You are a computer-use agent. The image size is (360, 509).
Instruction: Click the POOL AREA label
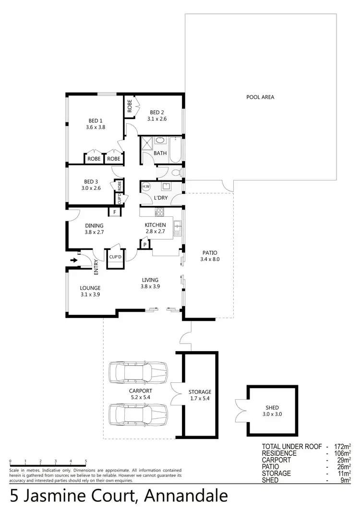tap(260, 97)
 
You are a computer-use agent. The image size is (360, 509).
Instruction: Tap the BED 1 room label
tap(95, 120)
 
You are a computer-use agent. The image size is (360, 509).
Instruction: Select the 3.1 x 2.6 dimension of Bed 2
tap(157, 118)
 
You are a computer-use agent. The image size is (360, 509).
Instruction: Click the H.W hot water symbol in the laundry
tap(146, 187)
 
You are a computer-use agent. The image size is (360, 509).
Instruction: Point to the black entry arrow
tap(73, 260)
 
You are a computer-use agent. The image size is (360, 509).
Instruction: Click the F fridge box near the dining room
tap(115, 212)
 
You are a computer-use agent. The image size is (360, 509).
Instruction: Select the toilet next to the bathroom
tap(175, 172)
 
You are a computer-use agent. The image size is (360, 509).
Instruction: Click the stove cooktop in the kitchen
tap(160, 212)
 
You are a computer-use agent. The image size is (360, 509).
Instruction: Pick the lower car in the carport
tap(138, 414)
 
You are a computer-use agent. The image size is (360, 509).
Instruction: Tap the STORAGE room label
tap(200, 392)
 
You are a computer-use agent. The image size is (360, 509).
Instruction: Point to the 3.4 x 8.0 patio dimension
tap(209, 259)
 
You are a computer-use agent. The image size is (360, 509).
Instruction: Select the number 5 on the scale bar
tap(85, 461)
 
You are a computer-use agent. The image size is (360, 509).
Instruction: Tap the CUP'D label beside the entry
tap(115, 257)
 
